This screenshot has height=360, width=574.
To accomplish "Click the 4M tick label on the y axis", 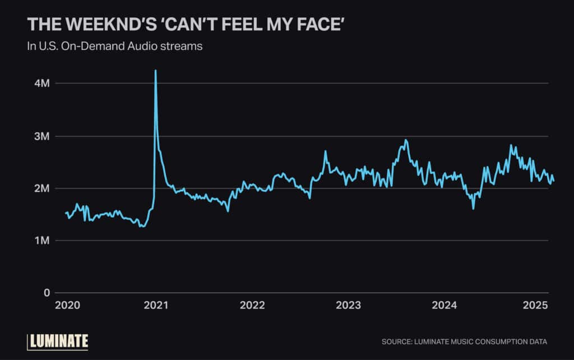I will click(x=42, y=83).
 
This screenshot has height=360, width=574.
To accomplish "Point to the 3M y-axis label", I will click(x=42, y=136).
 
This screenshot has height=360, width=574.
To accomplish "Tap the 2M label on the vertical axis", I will click(x=42, y=188).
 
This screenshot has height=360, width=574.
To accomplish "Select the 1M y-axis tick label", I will click(x=42, y=241).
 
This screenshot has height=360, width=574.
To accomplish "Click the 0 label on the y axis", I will click(x=47, y=293).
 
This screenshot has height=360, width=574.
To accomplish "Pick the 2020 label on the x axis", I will click(x=68, y=306).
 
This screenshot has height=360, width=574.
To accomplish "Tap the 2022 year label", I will click(x=252, y=306).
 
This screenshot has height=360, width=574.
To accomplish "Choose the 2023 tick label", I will click(x=348, y=306).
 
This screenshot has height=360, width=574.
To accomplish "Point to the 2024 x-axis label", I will click(x=445, y=306).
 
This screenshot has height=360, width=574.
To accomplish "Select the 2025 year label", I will click(x=534, y=306).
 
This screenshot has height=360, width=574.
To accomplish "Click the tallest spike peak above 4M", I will click(x=155, y=71).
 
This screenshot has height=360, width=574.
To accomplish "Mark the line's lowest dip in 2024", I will click(x=473, y=209).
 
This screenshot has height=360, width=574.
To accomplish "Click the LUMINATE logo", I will click(x=58, y=340).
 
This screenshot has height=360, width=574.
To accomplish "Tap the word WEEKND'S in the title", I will click(x=99, y=25).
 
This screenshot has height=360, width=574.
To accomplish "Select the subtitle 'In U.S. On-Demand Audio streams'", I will click(x=115, y=47).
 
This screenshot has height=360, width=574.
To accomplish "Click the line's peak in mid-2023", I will click(x=406, y=140).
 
